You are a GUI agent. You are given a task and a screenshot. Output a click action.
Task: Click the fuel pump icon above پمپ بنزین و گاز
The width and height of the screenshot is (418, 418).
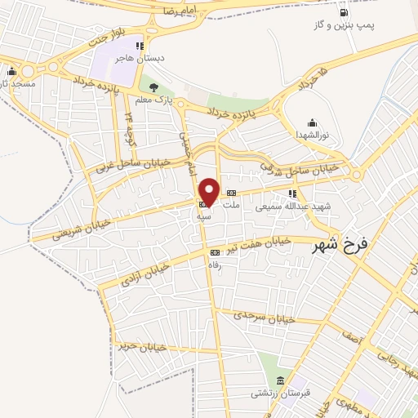(343, 12)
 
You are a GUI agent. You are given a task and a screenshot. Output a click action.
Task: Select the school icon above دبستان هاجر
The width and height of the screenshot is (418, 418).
(140, 46)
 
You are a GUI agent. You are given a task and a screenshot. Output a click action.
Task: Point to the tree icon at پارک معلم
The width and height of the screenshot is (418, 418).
(153, 87)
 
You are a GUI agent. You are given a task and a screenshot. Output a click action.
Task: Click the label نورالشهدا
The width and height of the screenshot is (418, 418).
(312, 135)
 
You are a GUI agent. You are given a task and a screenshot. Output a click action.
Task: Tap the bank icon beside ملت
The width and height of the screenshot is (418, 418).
(231, 193)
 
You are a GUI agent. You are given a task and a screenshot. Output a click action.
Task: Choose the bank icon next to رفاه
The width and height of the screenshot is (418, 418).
(216, 252)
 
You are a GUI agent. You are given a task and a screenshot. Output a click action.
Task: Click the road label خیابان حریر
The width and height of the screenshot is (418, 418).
(143, 347)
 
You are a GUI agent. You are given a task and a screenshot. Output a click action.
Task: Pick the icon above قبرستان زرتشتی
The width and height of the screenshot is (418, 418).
(281, 381)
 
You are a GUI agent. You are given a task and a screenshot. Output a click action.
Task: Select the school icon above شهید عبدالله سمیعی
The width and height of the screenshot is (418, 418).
(292, 193)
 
